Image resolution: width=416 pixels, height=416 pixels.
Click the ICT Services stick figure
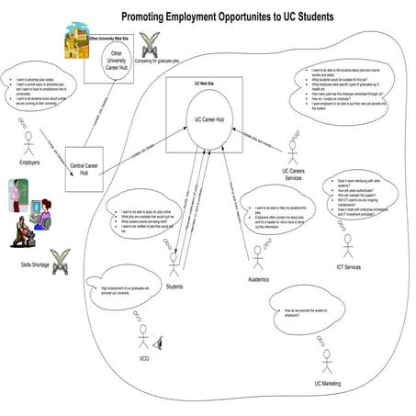click(x=347, y=245)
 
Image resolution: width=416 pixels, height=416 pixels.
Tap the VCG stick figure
click(x=143, y=335)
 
